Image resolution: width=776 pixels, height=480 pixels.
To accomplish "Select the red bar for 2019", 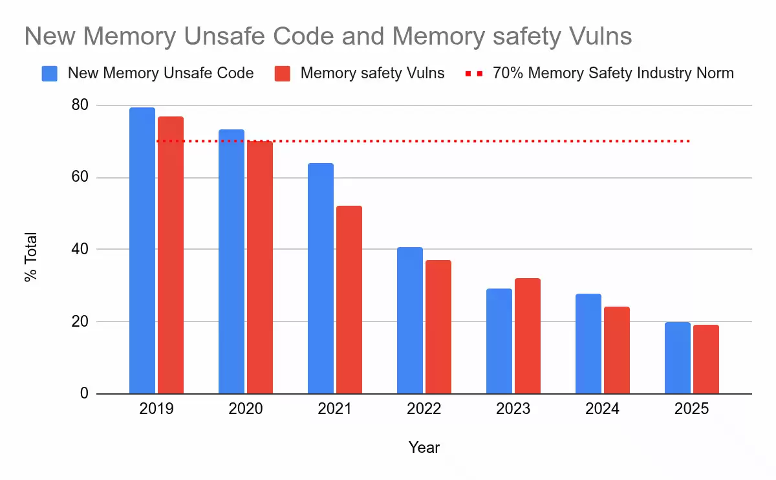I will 171,255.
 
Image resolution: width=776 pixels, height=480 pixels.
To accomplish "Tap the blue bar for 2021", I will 321,278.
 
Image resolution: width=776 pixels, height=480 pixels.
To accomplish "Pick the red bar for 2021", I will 349,300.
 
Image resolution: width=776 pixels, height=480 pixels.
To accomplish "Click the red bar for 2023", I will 528,336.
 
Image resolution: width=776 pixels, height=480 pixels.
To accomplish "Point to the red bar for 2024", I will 617,350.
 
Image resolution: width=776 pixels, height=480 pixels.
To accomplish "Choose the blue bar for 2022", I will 410,320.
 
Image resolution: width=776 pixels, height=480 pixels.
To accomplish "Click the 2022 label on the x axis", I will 424,409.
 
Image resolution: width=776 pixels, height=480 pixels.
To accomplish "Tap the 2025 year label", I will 691,409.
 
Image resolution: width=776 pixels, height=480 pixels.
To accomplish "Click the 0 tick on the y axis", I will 84,393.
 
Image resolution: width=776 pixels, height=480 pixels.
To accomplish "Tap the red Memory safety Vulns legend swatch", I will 283,73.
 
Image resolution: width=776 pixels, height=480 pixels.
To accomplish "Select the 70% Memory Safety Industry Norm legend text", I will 613,73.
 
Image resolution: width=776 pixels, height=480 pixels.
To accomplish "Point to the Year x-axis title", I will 424,447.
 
